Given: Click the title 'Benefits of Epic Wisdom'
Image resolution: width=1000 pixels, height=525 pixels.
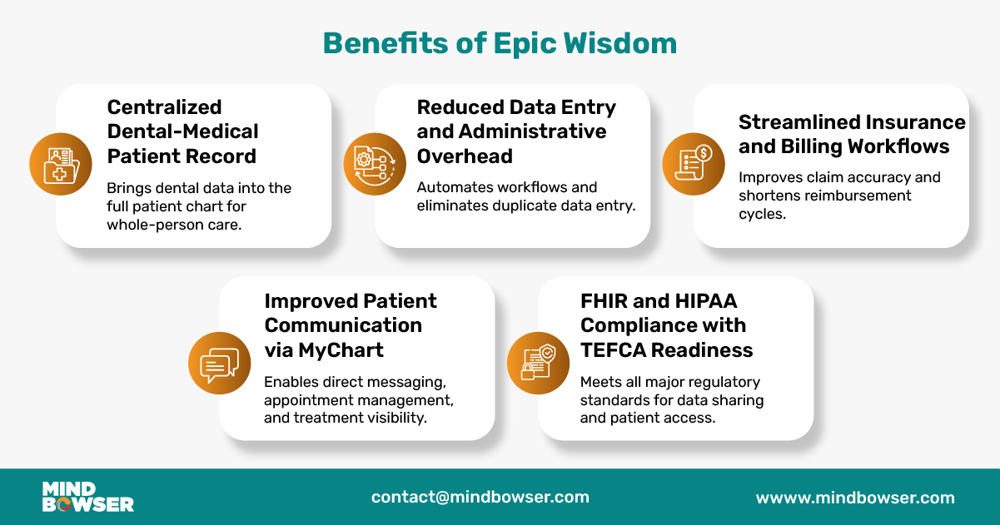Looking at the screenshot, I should [500, 42].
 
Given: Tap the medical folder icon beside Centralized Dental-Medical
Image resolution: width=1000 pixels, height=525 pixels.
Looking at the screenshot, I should [60, 164].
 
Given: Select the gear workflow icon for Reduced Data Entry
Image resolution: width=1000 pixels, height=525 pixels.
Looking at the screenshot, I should [374, 164].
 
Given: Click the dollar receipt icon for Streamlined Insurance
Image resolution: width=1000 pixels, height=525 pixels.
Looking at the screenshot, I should [693, 164].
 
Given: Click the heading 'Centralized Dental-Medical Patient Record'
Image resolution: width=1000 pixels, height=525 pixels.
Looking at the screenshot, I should [182, 131].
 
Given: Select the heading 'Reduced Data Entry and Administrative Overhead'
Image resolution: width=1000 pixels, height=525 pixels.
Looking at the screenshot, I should [515, 131].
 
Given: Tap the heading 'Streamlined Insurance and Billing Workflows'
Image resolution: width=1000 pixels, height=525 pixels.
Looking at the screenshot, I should [851, 134].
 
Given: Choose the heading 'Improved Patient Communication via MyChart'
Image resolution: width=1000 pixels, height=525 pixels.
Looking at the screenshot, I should [350, 325].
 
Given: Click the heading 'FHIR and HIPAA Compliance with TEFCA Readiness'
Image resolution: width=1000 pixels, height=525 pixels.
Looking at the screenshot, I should [666, 325].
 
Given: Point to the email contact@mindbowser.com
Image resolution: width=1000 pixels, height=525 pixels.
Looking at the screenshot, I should [480, 498].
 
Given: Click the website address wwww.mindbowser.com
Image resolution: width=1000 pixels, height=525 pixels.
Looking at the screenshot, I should [854, 498].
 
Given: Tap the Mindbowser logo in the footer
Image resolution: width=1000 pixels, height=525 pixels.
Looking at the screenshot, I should [87, 497].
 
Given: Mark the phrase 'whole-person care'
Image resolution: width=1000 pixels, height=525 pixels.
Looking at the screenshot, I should [174, 225].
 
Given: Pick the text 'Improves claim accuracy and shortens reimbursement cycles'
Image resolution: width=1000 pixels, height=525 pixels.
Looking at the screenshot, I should [838, 196].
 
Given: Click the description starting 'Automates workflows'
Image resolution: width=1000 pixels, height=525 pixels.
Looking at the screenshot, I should [526, 196].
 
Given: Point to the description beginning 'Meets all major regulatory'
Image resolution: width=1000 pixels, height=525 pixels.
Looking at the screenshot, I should [671, 400].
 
